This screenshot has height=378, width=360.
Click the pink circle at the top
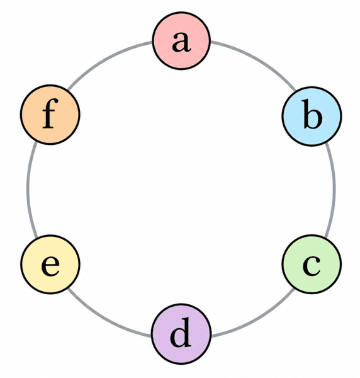click(x=181, y=41)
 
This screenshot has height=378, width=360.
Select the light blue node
click(x=312, y=116)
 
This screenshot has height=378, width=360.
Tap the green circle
click(x=312, y=264)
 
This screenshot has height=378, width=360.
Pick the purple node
click(x=181, y=334)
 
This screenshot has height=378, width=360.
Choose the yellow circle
click(x=50, y=264)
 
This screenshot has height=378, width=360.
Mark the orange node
click(x=50, y=115)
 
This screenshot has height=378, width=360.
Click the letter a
click(x=181, y=42)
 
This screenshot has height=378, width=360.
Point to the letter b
click(x=312, y=114)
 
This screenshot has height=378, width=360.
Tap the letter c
click(x=312, y=265)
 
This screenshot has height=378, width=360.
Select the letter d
click(x=181, y=332)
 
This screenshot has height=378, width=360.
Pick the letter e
click(x=50, y=265)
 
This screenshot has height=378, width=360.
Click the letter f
click(x=50, y=113)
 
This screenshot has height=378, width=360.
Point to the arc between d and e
click(x=104, y=319)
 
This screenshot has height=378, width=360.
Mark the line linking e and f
click(x=28, y=190)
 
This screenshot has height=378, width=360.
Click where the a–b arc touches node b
click(x=295, y=91)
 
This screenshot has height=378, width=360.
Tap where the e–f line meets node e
click(x=37, y=238)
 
